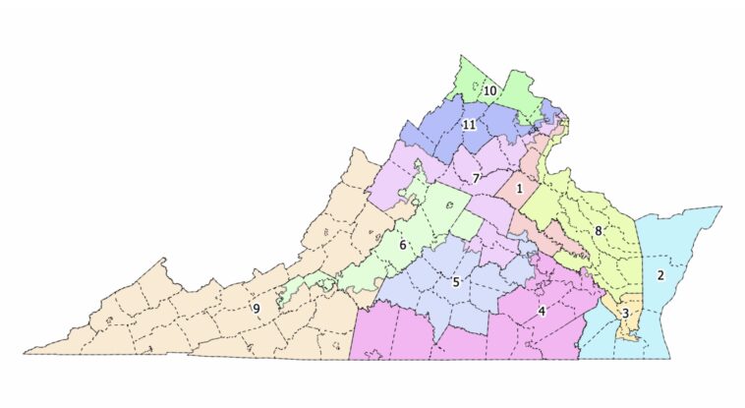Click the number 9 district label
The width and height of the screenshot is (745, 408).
point(257,309)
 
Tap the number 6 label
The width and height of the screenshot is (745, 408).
point(402,244)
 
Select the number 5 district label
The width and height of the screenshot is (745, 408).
point(456,282)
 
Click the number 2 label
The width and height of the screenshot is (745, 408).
point(660,275)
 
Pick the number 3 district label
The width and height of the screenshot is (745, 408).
point(625,314)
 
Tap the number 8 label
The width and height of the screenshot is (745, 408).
point(598,231)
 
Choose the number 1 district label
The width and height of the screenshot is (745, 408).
point(519,188)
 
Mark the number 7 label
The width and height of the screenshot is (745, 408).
point(476,179)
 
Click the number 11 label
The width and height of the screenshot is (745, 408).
point(470,125)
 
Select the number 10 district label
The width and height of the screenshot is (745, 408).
point(489,91)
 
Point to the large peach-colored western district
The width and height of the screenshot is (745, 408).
point(197,315)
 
